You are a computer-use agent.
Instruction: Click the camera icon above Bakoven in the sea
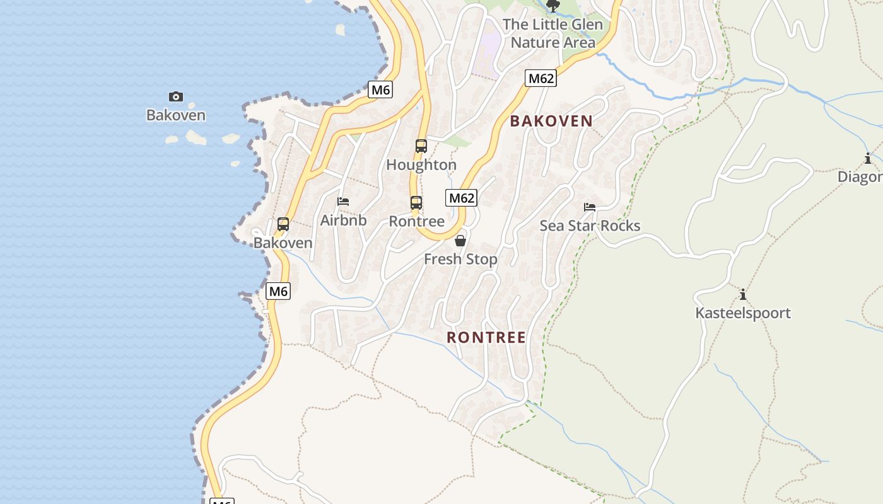[x=176, y=96]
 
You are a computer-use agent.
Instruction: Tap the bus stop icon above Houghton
[x=421, y=146]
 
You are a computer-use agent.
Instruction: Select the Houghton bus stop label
[x=421, y=165]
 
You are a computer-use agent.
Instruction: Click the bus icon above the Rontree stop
[x=416, y=203]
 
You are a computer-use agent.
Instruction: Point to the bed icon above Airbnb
[x=343, y=202]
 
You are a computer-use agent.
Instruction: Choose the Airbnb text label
[x=343, y=220]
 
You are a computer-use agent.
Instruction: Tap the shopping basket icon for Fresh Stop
[x=460, y=241]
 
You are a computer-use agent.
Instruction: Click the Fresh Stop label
[x=460, y=259]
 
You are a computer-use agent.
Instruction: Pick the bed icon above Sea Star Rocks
[x=590, y=207]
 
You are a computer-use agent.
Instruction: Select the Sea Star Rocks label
[x=590, y=226]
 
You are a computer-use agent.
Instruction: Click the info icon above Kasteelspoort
[x=743, y=294]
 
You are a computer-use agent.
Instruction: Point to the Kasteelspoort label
[x=743, y=313]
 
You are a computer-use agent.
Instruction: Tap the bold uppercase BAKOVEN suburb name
[x=551, y=121]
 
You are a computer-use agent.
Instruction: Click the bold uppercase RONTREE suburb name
[x=486, y=338]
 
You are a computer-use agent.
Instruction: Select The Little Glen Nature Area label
[x=553, y=33]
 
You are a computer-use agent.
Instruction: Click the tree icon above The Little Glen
[x=553, y=6]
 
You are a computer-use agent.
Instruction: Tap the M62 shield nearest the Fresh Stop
[x=461, y=198]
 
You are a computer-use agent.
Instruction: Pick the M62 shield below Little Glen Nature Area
[x=541, y=78]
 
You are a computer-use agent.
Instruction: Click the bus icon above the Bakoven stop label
[x=283, y=224]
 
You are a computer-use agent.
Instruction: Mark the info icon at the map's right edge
[x=868, y=158]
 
